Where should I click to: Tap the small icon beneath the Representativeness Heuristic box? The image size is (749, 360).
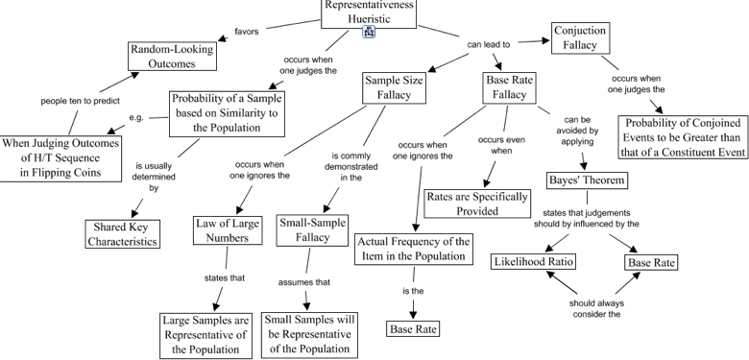click(369, 33)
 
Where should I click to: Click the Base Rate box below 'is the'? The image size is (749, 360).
click(414, 329)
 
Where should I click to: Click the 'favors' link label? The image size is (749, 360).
click(246, 31)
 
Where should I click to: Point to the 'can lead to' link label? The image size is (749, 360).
click(488, 43)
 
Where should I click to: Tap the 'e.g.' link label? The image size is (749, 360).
click(136, 118)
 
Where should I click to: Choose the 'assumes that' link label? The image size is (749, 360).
click(303, 282)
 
